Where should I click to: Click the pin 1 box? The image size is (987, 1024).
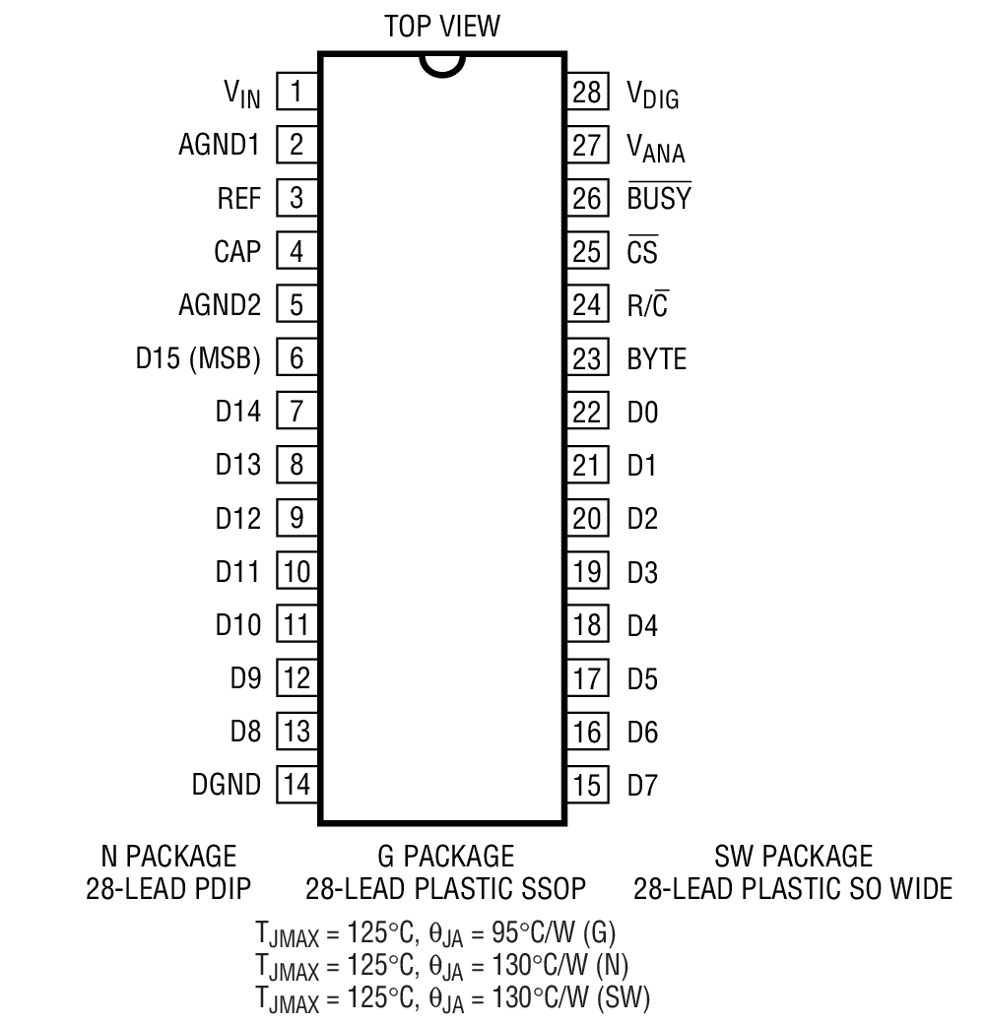pos(296,93)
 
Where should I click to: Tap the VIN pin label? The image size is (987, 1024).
pos(240,95)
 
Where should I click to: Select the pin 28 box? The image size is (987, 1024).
pos(586,93)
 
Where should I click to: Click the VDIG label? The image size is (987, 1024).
pos(653,95)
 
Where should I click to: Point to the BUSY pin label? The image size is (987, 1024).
pos(659,199)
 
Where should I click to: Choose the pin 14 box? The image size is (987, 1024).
pos(296,785)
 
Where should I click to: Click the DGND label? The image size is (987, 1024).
pos(228,785)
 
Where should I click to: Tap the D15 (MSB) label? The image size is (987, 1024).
pos(198,358)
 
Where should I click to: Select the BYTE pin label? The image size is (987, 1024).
pos(657,358)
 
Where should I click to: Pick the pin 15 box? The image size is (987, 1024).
pos(586,785)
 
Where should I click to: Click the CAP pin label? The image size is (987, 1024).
pos(237,252)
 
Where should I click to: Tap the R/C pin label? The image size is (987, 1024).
pos(648,305)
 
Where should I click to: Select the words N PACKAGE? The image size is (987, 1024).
pos(168,856)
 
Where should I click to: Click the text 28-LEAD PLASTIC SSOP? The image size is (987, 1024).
pos(445,889)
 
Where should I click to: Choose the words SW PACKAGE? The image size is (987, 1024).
pos(793,856)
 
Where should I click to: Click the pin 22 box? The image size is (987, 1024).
pos(586,412)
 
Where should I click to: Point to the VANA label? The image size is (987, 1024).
pos(656,148)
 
